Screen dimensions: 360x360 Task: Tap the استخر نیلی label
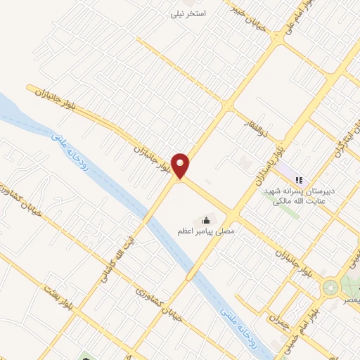coord(191,13)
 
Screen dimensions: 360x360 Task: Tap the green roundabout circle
coord(330,288)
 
